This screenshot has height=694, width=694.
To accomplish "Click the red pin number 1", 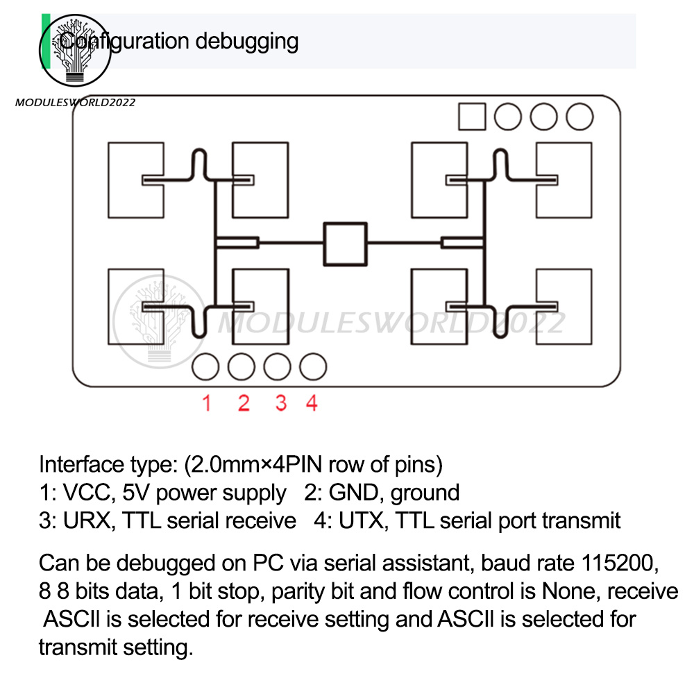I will point(206,403).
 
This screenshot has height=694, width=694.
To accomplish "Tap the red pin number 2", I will point(243,403).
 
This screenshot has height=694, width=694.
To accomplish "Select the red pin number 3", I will point(280,403).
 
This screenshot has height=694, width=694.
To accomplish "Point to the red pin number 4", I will point(312,403).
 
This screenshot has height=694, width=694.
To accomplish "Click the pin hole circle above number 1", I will point(205,366).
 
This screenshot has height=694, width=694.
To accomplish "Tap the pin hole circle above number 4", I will point(313,366).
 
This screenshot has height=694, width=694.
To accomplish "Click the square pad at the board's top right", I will point(472,116).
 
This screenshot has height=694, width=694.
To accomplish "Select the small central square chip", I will point(345,242).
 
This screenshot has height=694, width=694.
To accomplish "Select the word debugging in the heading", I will point(246,41).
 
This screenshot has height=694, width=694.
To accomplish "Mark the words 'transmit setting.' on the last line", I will point(115,648).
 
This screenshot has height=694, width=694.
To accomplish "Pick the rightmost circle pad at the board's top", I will point(579,116).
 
